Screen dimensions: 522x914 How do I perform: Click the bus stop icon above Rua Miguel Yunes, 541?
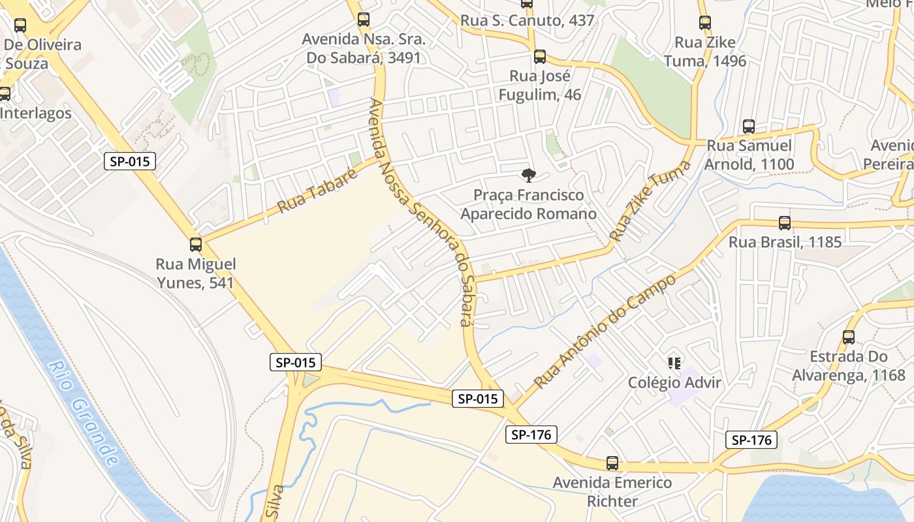[x=195, y=245]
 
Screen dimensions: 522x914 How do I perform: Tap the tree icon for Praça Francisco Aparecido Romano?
[x=528, y=175]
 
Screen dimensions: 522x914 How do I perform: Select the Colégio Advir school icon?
[x=674, y=363]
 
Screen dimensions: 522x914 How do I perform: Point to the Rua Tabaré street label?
[x=318, y=191]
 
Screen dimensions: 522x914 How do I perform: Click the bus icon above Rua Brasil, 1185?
[x=784, y=223]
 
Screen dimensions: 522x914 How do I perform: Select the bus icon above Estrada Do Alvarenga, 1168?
[x=848, y=337]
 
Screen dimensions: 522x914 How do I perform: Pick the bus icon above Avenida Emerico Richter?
[x=612, y=463]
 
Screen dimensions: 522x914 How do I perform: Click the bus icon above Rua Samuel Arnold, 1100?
[x=748, y=127]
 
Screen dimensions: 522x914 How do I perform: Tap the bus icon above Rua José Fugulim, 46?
[x=539, y=57]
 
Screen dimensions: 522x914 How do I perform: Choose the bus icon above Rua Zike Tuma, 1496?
[x=704, y=23]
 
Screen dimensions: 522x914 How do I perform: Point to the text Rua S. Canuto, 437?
[x=528, y=21]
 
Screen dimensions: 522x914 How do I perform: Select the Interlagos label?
[x=35, y=113]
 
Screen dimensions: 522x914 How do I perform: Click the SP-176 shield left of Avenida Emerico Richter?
[x=531, y=435]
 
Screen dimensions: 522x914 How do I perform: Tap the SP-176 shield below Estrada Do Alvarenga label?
[x=751, y=440]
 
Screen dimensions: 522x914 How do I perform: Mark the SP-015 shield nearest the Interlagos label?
[x=130, y=161]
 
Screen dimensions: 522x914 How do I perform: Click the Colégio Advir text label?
[x=674, y=382]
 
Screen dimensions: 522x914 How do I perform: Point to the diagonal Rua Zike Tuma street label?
[x=650, y=200]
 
